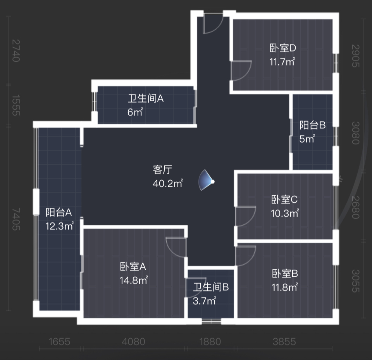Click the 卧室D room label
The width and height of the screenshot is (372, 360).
tap(283, 48)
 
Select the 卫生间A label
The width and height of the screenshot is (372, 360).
tap(146, 99)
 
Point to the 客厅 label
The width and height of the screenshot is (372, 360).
tap(162, 170)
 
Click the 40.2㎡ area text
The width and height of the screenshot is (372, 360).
tap(168, 183)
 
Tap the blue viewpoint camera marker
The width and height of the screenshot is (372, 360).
tap(208, 181)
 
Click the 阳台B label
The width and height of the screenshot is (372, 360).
tap(312, 125)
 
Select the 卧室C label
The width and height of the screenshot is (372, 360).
tap(284, 200)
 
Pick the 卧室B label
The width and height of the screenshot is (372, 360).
tap(285, 274)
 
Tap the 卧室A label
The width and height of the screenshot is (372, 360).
tap(133, 267)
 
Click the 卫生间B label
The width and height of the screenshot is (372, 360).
tap(211, 288)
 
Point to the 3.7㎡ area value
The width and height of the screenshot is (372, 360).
tap(205, 301)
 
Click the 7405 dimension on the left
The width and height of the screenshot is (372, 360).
tap(16, 219)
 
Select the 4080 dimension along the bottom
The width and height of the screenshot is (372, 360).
tap(133, 342)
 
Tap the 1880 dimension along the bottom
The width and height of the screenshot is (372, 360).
tap(210, 342)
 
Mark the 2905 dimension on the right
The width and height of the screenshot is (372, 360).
tap(355, 55)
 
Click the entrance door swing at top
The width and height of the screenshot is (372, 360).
tap(212, 24)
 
